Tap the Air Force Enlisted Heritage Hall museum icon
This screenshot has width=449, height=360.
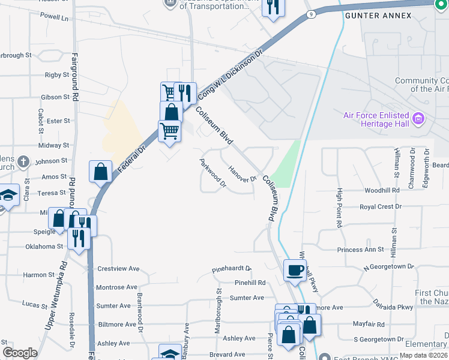click(419, 117)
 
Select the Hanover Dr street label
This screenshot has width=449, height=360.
click(243, 174)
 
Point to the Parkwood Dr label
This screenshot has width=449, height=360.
click(212, 173)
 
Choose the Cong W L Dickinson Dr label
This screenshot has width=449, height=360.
click(231, 74)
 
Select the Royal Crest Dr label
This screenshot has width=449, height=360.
click(380, 207)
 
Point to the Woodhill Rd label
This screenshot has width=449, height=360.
click(382, 190)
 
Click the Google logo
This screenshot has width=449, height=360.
click(20, 353)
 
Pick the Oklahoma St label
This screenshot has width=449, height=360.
click(44, 247)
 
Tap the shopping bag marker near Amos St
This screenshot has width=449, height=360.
click(100, 171)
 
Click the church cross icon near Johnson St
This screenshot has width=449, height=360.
click(22, 161)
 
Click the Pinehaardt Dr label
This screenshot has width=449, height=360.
click(231, 270)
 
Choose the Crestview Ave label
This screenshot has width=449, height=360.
click(118, 269)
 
